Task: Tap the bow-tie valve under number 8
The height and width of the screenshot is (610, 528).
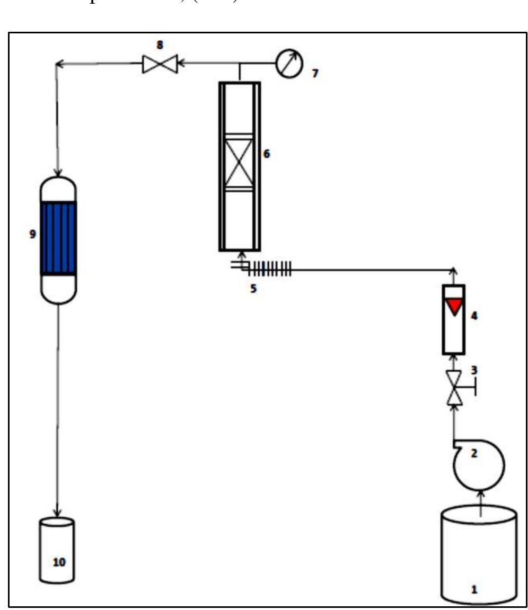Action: (x=160, y=65)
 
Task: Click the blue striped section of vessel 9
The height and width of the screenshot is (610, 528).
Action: (x=59, y=238)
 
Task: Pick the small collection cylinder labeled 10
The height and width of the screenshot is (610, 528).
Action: (x=57, y=551)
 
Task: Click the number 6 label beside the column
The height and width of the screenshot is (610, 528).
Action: (x=267, y=154)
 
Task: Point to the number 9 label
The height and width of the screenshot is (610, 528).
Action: (x=33, y=234)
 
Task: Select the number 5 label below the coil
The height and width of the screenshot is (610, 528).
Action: (x=254, y=290)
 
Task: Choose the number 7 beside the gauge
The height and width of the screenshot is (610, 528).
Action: (x=315, y=74)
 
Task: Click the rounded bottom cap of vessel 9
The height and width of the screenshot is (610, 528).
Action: (x=59, y=290)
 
